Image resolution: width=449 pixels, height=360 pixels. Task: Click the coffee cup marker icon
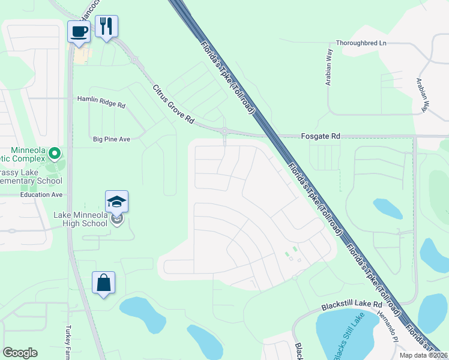[79, 31]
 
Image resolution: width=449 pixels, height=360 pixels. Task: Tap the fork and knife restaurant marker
[107, 26]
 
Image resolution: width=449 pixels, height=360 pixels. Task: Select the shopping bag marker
[103, 282]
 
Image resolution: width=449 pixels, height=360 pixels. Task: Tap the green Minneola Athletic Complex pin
[55, 154]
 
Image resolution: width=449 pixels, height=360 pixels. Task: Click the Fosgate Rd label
[320, 137]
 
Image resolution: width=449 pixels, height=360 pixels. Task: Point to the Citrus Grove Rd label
[173, 104]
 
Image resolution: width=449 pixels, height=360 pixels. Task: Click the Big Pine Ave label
[112, 139]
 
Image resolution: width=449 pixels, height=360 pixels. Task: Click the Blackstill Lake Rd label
[351, 305]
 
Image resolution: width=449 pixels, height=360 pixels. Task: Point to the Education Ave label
[41, 195]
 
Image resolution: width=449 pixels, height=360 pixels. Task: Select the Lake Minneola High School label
[80, 219]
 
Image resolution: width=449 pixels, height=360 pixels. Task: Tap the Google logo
[20, 353]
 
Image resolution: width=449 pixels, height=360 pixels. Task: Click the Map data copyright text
[423, 355]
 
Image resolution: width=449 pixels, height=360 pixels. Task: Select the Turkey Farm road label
[68, 344]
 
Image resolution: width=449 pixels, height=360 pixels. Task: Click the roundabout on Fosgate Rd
[224, 131]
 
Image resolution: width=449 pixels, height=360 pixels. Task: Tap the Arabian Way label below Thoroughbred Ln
[329, 67]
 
